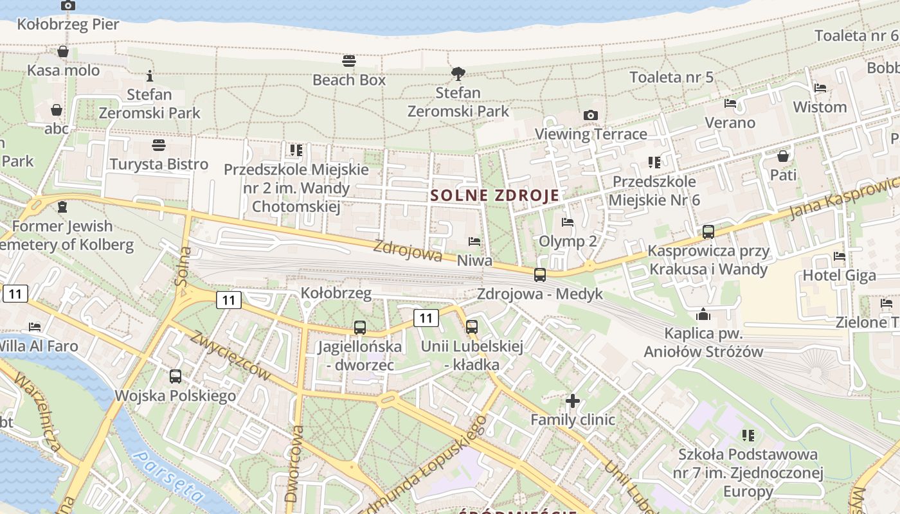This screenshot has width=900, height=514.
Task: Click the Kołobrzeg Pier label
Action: [68, 24]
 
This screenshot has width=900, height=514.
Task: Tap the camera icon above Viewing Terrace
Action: [590, 116]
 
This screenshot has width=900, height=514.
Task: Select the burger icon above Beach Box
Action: [349, 61]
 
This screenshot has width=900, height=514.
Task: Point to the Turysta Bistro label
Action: [159, 164]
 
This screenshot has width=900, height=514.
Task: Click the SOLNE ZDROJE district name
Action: [495, 195]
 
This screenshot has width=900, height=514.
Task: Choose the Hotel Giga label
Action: [839, 276]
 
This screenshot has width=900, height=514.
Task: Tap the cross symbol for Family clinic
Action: [572, 402]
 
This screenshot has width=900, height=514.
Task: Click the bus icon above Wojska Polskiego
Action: [175, 377]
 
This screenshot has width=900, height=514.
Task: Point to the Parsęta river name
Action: [168, 477]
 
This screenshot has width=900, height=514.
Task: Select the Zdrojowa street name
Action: [408, 251]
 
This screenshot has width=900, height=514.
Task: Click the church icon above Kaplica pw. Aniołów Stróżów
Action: [703, 315]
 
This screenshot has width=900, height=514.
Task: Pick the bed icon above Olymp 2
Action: [567, 223]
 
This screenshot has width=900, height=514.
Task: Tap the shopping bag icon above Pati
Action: [783, 156]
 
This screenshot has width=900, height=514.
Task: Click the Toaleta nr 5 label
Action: [671, 77]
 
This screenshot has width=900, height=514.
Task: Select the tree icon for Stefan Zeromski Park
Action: [458, 74]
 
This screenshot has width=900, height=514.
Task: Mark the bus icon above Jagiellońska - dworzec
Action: [360, 328]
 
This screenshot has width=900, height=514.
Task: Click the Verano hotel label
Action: [730, 122]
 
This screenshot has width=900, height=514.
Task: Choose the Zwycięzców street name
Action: [230, 355]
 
